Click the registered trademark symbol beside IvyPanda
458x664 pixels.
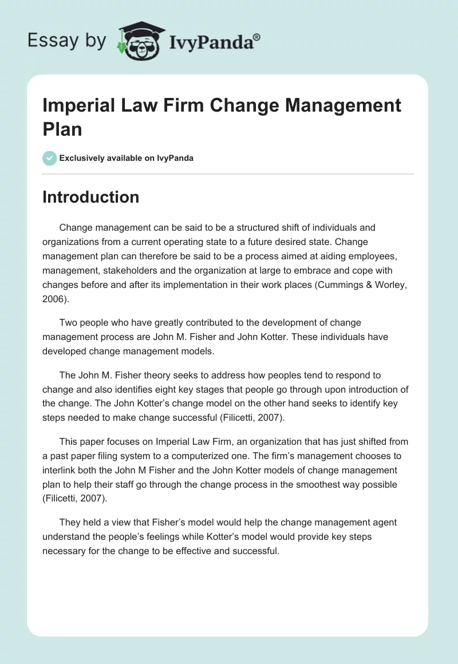[257, 37]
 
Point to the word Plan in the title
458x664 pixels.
[62, 129]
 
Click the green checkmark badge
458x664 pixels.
[50, 158]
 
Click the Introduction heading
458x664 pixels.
[91, 197]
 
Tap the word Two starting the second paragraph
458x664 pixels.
[69, 322]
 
